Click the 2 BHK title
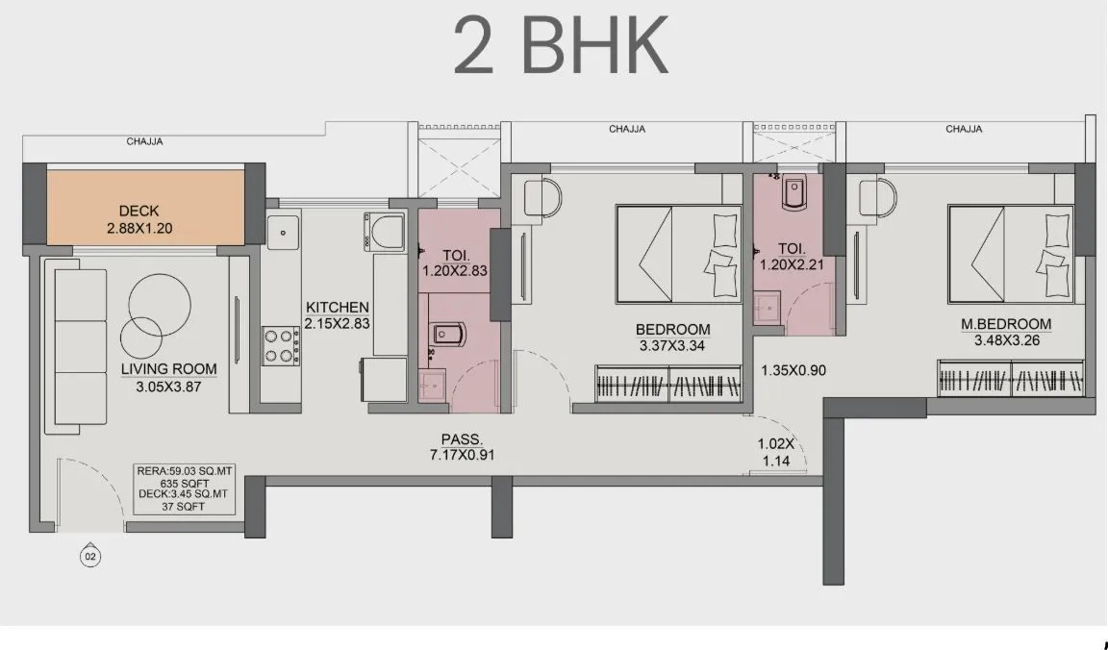561,45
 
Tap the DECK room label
139,211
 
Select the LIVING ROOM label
168,368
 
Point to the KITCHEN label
337,308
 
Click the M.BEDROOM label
1006,324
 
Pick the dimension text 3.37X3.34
672,346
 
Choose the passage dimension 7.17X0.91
462,456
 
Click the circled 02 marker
90,556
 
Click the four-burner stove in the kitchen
281,346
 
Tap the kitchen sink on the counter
284,230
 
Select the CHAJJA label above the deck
144,141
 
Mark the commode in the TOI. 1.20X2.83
450,335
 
